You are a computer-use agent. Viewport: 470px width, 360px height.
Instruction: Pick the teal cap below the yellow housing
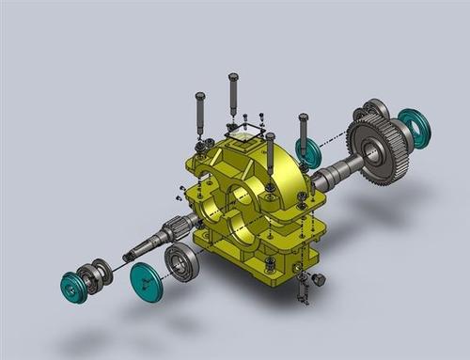[146, 281]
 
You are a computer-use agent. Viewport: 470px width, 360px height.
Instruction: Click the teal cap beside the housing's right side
[307, 151]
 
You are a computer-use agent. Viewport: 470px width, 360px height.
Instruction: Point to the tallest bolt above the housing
[233, 94]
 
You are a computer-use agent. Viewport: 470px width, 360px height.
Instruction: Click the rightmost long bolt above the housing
[303, 134]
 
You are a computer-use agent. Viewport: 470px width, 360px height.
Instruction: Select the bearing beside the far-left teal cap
[94, 275]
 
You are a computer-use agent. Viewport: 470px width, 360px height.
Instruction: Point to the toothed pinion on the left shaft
[176, 228]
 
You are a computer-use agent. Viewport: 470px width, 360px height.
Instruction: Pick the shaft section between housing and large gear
[334, 174]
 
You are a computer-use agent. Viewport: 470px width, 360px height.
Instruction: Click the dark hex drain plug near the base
[318, 279]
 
